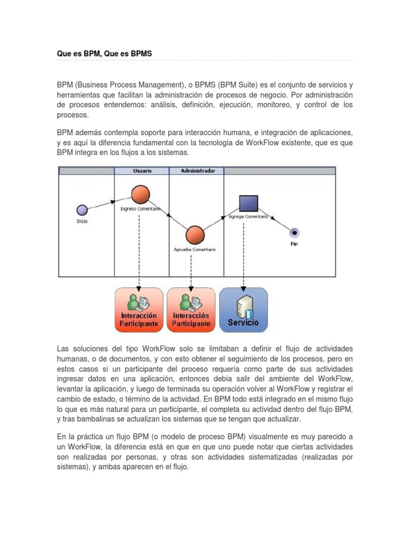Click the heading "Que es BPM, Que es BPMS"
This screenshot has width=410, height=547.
[104, 53]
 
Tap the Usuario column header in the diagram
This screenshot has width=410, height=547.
[141, 171]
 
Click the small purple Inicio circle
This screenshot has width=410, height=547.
[81, 209]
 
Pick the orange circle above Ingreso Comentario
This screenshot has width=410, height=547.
[141, 195]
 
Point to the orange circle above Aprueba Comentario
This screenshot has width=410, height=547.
[195, 235]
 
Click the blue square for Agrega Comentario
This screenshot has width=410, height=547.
[248, 203]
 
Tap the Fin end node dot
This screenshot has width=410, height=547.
[294, 232]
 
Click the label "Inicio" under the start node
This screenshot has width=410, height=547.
[82, 221]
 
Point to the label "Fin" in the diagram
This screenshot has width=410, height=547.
[294, 244]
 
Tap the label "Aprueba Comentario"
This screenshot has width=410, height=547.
[195, 249]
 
